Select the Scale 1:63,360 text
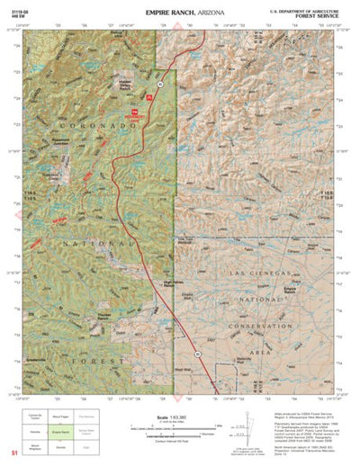tap(180, 417)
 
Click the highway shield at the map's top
tap(158, 84)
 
